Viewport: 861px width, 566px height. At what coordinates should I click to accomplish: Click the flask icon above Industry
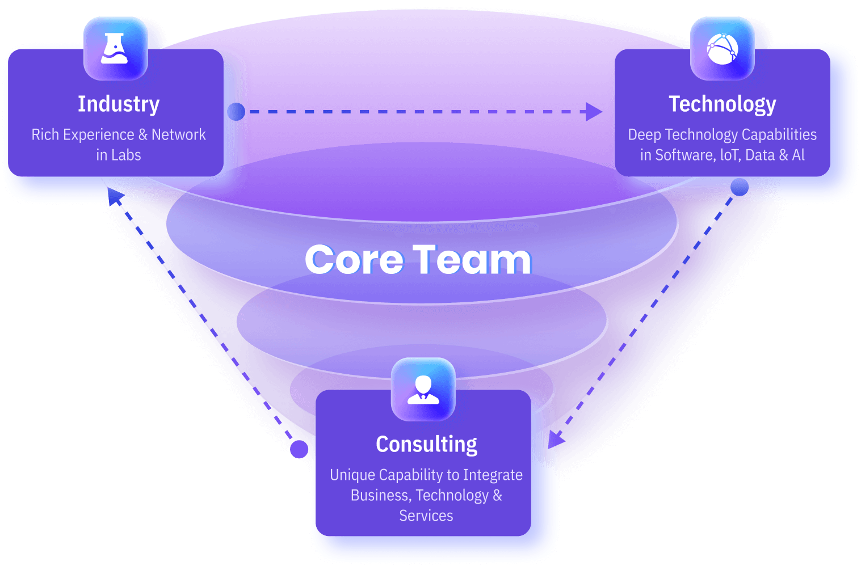point(115,48)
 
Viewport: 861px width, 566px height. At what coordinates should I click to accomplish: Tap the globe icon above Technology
point(722,48)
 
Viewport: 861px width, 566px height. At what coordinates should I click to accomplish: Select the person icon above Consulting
point(423,389)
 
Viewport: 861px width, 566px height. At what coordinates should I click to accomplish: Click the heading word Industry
point(119,104)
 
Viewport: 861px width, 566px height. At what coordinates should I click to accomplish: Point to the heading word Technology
point(722,104)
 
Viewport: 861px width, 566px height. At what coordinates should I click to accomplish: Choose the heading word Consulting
point(426,444)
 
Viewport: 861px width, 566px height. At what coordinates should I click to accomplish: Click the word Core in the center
point(355,260)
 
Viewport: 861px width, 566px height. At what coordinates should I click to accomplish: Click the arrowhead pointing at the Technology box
point(594,112)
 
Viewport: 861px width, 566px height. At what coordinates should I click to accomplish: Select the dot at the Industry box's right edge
point(236,112)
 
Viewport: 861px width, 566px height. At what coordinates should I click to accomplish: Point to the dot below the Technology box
point(739,187)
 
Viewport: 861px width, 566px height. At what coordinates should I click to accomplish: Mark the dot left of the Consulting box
point(299,449)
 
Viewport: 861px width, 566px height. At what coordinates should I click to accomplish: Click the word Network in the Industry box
point(178,135)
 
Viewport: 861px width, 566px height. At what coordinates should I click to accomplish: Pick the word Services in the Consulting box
point(426,516)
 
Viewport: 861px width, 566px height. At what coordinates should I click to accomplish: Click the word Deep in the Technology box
point(644,135)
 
